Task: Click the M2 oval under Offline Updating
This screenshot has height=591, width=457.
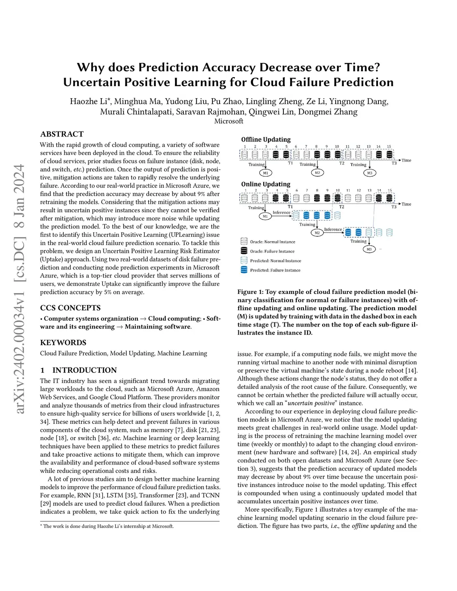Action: (x=317, y=173)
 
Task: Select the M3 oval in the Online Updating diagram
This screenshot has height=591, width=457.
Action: (x=369, y=249)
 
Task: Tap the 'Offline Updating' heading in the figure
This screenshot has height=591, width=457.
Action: (x=266, y=140)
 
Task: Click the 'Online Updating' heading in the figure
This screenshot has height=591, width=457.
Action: (x=266, y=184)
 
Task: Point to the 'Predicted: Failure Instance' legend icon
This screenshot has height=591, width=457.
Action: (x=244, y=270)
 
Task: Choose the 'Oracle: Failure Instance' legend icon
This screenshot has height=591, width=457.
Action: (x=244, y=251)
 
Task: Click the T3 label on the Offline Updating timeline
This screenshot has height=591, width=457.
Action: (x=394, y=163)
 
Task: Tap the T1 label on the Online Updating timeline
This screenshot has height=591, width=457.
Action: (x=290, y=207)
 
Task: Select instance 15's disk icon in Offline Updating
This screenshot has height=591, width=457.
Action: (x=389, y=154)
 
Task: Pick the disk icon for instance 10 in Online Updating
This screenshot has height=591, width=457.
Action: (x=337, y=198)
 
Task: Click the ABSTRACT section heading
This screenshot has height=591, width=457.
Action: (x=62, y=134)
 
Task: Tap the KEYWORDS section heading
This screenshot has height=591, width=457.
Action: (x=63, y=343)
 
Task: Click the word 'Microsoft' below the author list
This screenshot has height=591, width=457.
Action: (x=228, y=121)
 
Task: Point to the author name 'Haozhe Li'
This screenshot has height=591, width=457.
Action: (x=88, y=101)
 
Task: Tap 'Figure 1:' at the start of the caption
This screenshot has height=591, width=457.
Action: (x=253, y=292)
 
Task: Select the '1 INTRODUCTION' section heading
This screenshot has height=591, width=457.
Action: (x=79, y=370)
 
